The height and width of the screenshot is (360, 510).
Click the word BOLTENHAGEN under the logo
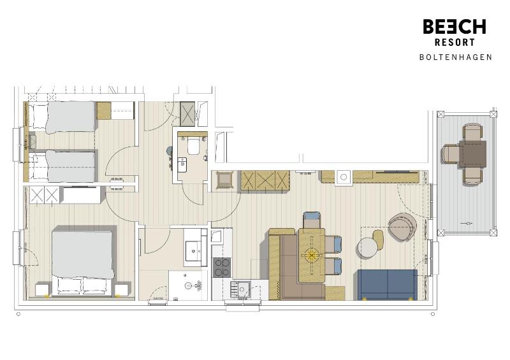pyautogui.click(x=455, y=57)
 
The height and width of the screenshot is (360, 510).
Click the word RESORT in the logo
pyautogui.click(x=455, y=43)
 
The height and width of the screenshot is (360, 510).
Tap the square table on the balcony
pyautogui.click(x=472, y=154)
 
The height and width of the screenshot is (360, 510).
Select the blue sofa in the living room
pyautogui.click(x=387, y=284)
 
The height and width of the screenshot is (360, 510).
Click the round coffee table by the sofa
pyautogui.click(x=368, y=248)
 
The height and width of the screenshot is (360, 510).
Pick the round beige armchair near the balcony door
pyautogui.click(x=402, y=228)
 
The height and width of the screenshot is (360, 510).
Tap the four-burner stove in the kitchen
pyautogui.click(x=221, y=267)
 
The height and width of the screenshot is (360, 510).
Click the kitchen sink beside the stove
pyautogui.click(x=242, y=289)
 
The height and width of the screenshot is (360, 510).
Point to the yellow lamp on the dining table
pyautogui.click(x=312, y=256)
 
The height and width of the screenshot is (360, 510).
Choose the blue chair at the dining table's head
pyautogui.click(x=312, y=219)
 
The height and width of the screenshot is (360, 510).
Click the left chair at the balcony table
pyautogui.click(x=451, y=154)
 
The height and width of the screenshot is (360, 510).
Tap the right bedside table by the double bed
pyautogui.click(x=121, y=291)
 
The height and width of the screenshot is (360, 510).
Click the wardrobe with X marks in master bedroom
pyautogui.click(x=43, y=195)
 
